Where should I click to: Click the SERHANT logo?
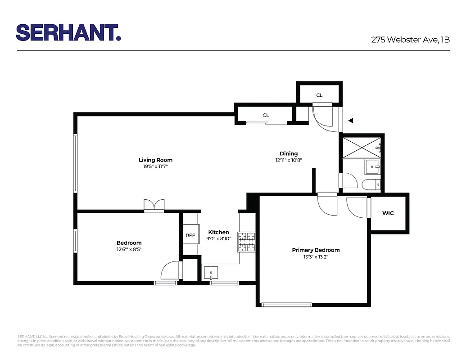tap(68, 32)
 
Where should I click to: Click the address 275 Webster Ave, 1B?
tap(410, 40)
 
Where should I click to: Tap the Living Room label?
tap(155, 160)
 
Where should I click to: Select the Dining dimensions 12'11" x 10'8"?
tap(289, 160)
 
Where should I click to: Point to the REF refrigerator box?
tap(190, 235)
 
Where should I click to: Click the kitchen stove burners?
tap(247, 242)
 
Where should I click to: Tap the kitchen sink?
tap(210, 273)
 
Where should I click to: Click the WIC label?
tap(388, 213)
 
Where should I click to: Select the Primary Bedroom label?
tap(316, 250)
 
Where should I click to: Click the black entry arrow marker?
tap(351, 121)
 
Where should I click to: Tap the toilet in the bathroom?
tap(372, 184)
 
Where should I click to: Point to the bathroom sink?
tap(373, 166)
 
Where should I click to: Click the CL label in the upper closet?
tap(319, 95)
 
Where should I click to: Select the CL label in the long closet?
tap(266, 115)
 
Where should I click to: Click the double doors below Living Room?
tap(154, 206)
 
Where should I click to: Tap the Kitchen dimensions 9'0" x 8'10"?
tap(218, 239)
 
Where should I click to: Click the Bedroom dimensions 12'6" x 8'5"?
tap(129, 249)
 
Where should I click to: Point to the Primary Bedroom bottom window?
tap(287, 305)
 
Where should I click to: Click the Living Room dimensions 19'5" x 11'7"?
tap(155, 166)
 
